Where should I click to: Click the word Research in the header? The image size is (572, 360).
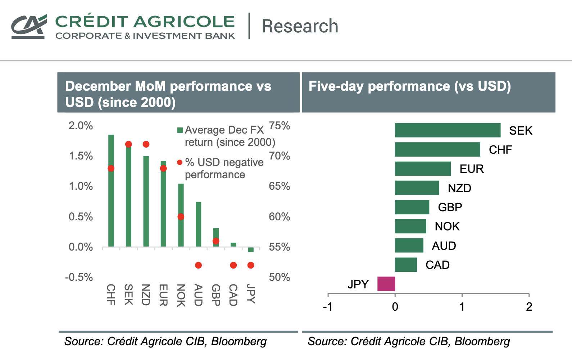300,26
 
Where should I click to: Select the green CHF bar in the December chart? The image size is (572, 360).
111,202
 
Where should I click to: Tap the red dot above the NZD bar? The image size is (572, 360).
146,144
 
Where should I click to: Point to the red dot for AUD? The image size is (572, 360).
198,265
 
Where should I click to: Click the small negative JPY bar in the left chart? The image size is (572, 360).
251,249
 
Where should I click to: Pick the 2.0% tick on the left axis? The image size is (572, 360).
81,126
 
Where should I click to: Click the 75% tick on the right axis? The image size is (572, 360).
280,126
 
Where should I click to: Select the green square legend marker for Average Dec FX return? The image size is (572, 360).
180,130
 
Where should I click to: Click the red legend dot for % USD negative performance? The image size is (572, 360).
180,162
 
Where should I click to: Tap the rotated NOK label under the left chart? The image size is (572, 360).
181,295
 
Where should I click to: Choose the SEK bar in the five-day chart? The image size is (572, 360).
448,130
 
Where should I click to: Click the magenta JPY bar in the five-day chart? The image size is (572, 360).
386,284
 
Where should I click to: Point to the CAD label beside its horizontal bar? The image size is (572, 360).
437,265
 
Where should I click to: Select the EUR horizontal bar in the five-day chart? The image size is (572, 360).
423,168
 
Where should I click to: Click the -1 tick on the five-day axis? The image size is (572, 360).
328,307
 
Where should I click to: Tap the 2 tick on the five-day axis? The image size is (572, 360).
529,307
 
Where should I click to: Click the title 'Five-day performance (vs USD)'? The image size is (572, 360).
409,86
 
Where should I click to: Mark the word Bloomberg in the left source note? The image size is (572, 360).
239,341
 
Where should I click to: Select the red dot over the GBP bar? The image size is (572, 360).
216,241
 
